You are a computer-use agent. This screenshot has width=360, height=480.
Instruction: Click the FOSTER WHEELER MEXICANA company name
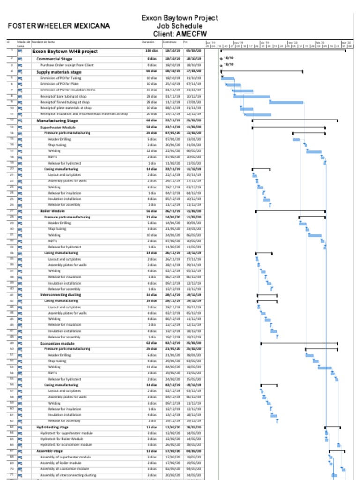pos(59,26)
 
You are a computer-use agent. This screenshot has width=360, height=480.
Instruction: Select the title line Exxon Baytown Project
pos(180,18)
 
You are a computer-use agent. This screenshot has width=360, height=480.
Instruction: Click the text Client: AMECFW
pos(180,34)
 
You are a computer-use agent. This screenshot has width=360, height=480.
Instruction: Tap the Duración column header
pos(148,42)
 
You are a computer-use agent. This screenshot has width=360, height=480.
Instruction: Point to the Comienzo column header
pos(169,42)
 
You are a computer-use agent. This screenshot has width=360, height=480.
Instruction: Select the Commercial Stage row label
pos(54,59)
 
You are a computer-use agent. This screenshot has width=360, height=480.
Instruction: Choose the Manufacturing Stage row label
pos(57,120)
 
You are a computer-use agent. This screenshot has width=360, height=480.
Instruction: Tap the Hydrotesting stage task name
pos(52,427)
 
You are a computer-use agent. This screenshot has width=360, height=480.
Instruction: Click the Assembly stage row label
pos(49,451)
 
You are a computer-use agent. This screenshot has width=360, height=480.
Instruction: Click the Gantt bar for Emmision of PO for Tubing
pos(228,78)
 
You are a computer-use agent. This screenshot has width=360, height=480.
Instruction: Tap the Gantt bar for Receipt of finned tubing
pos(286,102)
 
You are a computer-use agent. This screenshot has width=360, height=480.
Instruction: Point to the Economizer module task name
pos(57,343)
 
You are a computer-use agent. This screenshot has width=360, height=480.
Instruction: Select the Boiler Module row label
pos(52,211)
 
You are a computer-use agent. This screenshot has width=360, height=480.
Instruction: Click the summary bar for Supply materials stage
pos(262,71)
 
